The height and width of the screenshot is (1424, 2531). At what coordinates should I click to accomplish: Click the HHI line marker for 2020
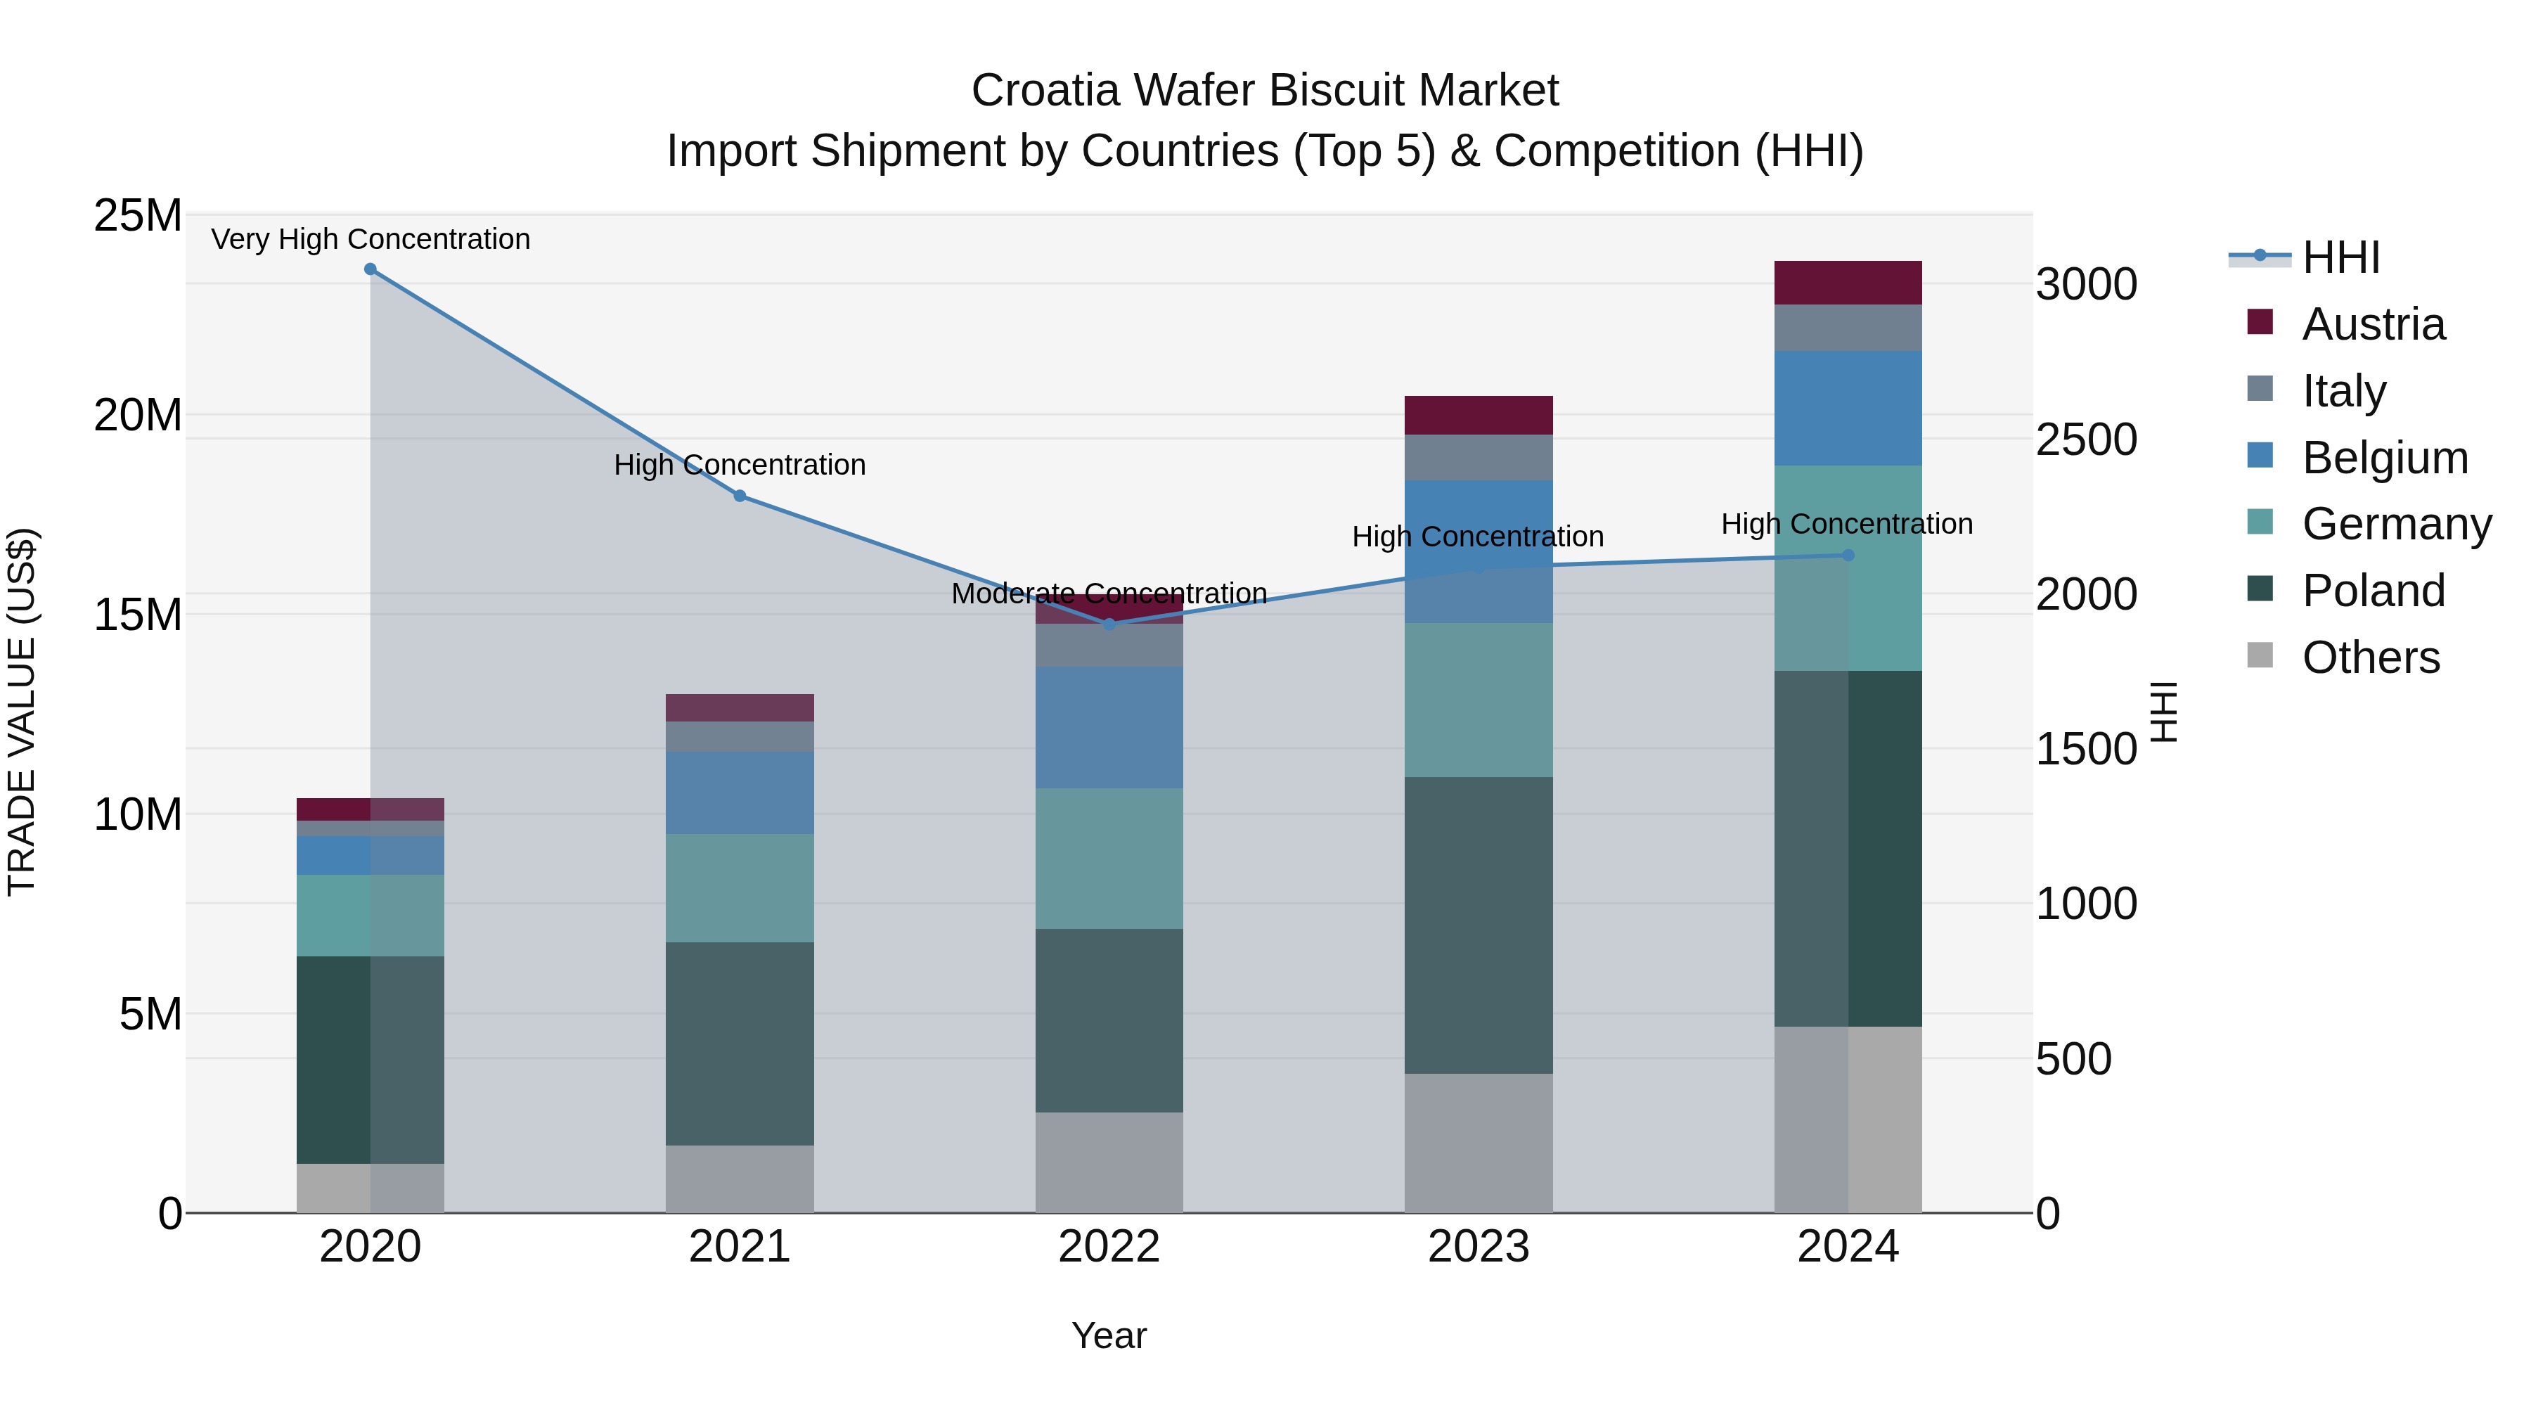point(371,269)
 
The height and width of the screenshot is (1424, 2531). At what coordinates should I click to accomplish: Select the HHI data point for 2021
point(740,496)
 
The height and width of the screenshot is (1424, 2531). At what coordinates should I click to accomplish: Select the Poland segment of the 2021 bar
point(740,1044)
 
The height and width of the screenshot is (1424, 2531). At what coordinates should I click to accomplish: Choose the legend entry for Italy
point(2343,391)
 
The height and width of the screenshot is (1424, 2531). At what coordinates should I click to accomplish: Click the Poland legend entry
point(2373,591)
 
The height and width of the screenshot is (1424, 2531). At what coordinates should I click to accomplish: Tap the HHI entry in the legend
point(2340,257)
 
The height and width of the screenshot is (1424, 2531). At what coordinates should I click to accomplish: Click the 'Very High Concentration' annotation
point(371,239)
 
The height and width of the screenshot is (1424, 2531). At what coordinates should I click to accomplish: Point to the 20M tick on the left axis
point(138,416)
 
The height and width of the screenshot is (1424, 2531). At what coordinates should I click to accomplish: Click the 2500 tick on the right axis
point(2086,440)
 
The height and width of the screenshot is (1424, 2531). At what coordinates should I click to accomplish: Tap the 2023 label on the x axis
point(1478,1247)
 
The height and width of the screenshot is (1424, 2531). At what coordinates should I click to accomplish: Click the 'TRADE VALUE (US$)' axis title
point(22,712)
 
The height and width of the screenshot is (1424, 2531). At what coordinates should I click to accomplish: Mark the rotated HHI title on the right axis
point(2165,712)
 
